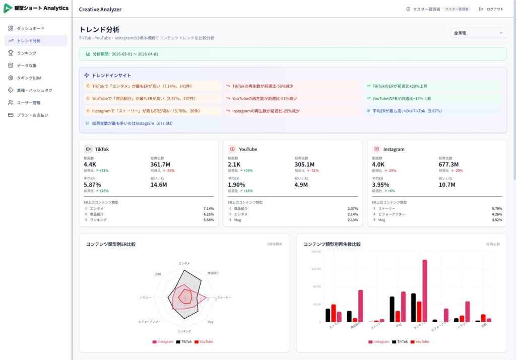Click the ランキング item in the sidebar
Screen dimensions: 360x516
click(x=26, y=53)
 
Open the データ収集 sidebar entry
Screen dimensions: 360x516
click(x=27, y=65)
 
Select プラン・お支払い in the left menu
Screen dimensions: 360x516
click(x=32, y=115)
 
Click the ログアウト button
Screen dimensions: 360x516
click(x=491, y=9)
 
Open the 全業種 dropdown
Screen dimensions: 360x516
click(x=478, y=33)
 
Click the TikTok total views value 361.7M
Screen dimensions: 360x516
click(x=160, y=164)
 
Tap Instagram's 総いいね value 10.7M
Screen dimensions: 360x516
click(x=447, y=185)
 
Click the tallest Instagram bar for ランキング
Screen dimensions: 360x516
click(x=425, y=291)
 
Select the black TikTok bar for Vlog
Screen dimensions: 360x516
click(x=392, y=309)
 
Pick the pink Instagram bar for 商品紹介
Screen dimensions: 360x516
click(x=360, y=306)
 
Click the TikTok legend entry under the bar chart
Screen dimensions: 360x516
click(x=400, y=341)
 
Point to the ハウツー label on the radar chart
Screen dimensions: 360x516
click(x=145, y=298)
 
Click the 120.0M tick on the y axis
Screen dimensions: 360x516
click(x=316, y=269)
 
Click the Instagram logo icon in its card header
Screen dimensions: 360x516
click(x=376, y=149)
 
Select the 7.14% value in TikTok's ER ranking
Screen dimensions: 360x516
click(x=208, y=208)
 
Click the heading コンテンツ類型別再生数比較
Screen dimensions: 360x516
click(x=332, y=244)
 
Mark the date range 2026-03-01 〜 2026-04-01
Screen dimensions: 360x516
click(x=135, y=54)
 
